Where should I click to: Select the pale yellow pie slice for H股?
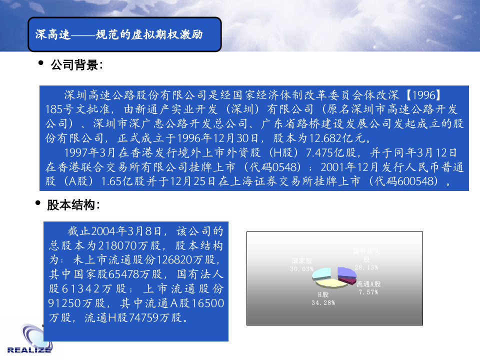[x=335, y=283]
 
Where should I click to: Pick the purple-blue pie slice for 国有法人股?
[x=346, y=272]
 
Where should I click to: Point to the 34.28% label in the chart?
[x=323, y=302]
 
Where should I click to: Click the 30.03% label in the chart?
[x=302, y=269]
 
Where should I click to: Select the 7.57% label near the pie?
[x=368, y=292]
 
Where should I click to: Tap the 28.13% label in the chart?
[x=366, y=267]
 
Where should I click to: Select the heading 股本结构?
[x=73, y=205]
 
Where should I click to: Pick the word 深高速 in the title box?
[x=49, y=34]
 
